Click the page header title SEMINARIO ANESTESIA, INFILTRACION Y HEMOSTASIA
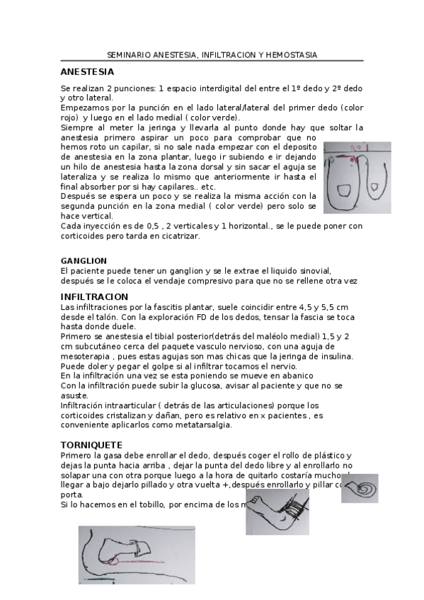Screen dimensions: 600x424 [x=212, y=54]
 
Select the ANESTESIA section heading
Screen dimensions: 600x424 [x=87, y=72]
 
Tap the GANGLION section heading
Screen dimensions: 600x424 [x=84, y=261]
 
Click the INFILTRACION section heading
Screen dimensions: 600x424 [x=94, y=297]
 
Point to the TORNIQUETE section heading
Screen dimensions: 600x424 [x=92, y=445]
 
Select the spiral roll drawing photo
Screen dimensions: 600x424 [x=364, y=488]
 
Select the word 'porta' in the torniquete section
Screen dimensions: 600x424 [x=71, y=495]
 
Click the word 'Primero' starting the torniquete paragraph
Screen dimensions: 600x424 [x=76, y=456]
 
